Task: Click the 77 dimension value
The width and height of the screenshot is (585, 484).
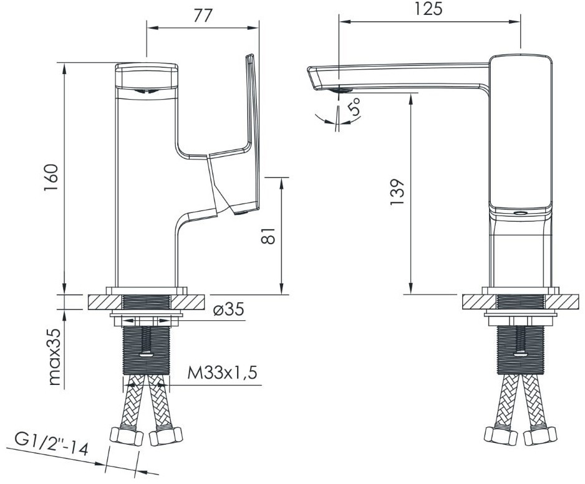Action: (x=203, y=16)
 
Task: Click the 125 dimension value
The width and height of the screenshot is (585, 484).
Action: (x=428, y=9)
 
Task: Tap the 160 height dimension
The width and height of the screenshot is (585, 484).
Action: (x=51, y=178)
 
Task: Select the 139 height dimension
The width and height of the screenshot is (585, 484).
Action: (x=397, y=192)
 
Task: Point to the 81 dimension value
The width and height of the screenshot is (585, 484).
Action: (x=268, y=235)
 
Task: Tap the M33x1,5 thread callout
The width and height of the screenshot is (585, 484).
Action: (x=222, y=372)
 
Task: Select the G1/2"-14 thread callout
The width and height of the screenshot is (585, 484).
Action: (x=52, y=444)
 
